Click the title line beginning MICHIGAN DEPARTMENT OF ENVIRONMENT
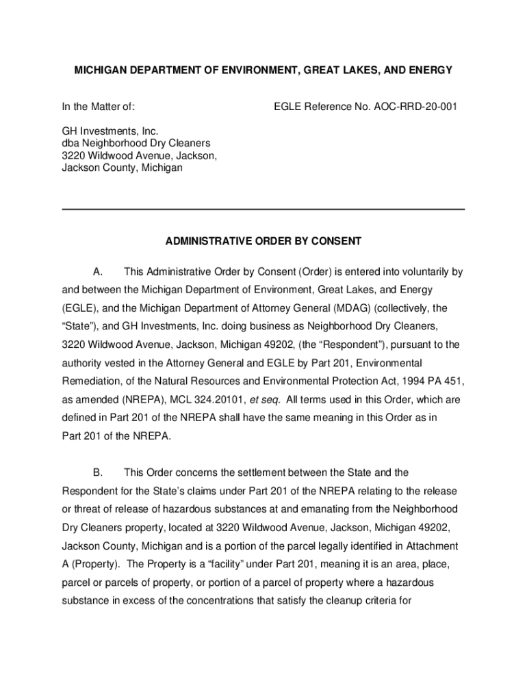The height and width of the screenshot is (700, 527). pos(263,70)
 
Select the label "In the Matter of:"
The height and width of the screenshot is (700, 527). pos(99,107)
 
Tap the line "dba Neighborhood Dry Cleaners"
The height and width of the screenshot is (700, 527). pos(136,143)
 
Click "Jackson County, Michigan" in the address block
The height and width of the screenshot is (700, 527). pos(123,167)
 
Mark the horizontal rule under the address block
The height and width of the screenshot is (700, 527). pos(263,208)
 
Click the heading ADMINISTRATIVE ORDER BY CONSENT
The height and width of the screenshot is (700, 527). pos(263,241)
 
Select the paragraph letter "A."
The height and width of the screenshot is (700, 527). pos(97,272)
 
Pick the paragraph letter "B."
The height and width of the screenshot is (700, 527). pos(97,472)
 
